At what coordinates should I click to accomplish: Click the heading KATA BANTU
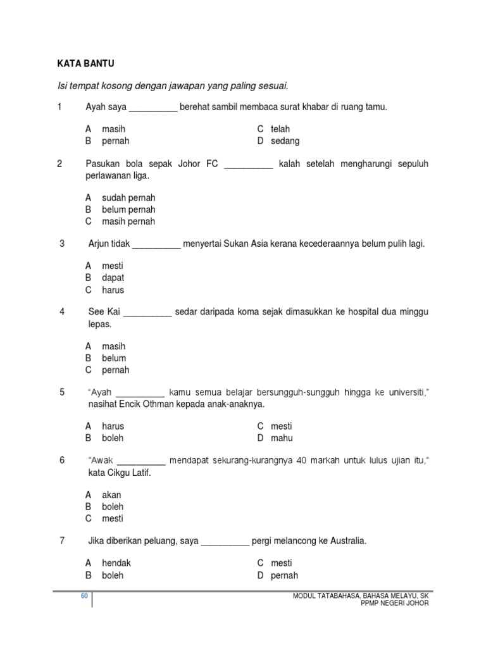click(x=85, y=63)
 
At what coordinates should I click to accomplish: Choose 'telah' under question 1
click(x=280, y=129)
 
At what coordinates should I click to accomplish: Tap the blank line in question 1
click(x=153, y=109)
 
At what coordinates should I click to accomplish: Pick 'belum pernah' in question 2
click(x=128, y=209)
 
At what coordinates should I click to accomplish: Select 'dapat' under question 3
click(x=113, y=278)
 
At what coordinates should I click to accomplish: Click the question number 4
click(x=62, y=312)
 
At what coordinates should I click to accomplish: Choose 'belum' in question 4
click(x=114, y=358)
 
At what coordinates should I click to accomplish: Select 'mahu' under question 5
click(x=282, y=438)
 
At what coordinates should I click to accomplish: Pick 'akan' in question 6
click(x=111, y=495)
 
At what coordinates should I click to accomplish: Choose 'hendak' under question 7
click(x=116, y=563)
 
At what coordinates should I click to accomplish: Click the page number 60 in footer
click(x=84, y=596)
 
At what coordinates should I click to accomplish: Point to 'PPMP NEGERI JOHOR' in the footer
click(x=394, y=604)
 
